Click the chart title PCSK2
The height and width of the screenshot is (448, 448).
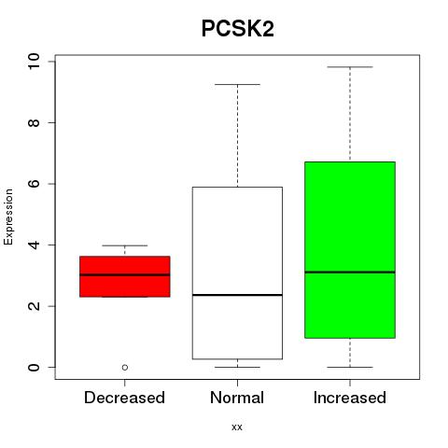click(x=238, y=29)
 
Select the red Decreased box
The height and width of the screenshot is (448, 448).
click(x=125, y=276)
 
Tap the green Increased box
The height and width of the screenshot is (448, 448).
click(x=350, y=250)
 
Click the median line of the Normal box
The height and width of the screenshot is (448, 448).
click(x=237, y=295)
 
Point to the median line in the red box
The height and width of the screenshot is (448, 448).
click(x=125, y=274)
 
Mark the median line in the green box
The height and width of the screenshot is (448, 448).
click(x=350, y=273)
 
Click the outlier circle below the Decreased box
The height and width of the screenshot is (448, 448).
click(x=125, y=368)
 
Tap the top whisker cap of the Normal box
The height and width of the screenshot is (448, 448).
click(x=237, y=84)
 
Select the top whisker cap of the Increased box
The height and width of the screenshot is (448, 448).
click(x=350, y=67)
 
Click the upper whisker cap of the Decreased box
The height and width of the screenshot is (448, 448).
click(x=125, y=245)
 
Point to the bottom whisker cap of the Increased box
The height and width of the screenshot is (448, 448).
click(x=350, y=367)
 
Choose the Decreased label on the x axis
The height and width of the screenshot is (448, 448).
click(x=124, y=398)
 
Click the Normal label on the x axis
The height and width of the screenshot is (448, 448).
click(x=237, y=398)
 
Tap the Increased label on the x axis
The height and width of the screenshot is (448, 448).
click(x=350, y=398)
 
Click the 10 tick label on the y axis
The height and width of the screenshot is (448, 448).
click(x=34, y=62)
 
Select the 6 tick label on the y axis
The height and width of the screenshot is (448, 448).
click(x=34, y=184)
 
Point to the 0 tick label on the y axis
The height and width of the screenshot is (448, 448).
click(x=34, y=367)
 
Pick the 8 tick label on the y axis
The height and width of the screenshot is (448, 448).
click(x=34, y=122)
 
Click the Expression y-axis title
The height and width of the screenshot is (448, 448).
click(x=8, y=217)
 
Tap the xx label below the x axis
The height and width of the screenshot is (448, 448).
click(x=237, y=427)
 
